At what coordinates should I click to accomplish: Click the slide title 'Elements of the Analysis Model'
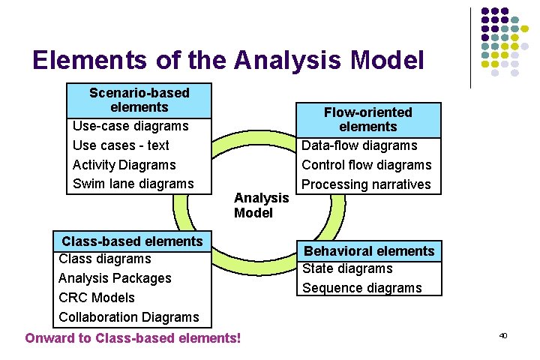click(x=228, y=60)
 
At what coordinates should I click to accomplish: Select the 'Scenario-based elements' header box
click(x=139, y=100)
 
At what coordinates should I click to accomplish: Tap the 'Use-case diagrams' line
click(x=130, y=126)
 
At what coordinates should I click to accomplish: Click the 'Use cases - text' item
click(x=121, y=145)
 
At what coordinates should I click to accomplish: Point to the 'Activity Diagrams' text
click(x=124, y=165)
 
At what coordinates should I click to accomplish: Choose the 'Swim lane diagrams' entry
click(x=133, y=184)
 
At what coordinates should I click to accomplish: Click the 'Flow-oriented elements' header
click(x=367, y=120)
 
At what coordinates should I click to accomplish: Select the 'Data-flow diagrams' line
click(x=359, y=145)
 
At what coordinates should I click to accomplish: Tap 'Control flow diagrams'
click(x=367, y=165)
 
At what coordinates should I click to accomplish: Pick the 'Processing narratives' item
click(x=366, y=184)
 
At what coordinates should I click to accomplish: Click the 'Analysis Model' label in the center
click(x=261, y=205)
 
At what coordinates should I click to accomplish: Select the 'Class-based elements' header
click(x=132, y=241)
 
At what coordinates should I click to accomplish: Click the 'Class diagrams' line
click(x=105, y=259)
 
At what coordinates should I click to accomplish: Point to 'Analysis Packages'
click(x=115, y=278)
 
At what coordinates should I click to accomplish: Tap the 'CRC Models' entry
click(x=97, y=298)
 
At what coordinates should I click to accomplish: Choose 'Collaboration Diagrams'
click(x=129, y=317)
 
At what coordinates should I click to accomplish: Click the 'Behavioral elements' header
click(x=368, y=251)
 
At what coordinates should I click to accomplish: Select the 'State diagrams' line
click(x=347, y=268)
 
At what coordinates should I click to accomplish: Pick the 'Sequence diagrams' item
click(x=362, y=288)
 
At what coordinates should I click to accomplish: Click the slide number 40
click(x=503, y=336)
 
